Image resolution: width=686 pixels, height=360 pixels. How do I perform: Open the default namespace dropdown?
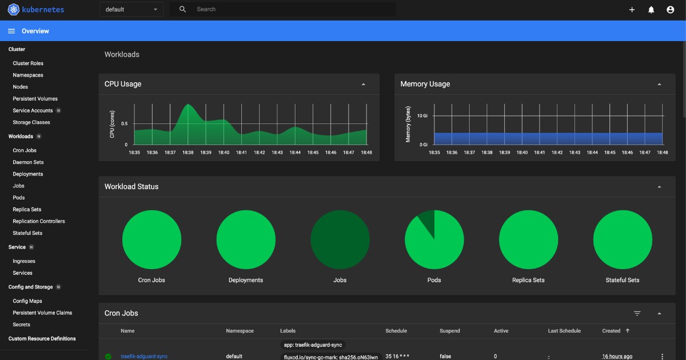pos(131,10)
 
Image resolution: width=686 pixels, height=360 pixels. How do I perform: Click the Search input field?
pos(286,10)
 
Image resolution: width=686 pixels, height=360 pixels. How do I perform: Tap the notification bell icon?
pos(651,10)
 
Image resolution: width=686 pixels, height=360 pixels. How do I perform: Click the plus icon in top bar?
pos(632,10)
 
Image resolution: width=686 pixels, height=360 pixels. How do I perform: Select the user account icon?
pos(671,10)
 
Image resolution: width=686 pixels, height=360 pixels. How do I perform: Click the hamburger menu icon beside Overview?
pos(11,31)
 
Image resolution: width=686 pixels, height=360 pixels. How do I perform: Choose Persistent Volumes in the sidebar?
pos(35,99)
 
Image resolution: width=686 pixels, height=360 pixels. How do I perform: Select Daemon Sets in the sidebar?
pos(28,162)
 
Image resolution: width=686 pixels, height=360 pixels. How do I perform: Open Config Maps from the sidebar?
pos(27,301)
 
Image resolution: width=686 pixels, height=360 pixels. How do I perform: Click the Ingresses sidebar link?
pos(24,261)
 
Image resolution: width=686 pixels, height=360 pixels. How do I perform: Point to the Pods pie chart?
pos(434,239)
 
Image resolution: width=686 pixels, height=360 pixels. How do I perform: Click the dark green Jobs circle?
pos(340,239)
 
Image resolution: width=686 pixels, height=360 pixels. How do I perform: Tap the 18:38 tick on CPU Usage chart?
pos(188,153)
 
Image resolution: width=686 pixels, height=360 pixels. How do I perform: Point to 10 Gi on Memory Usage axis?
pos(422,116)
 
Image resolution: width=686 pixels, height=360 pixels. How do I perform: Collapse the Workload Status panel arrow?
pos(659,187)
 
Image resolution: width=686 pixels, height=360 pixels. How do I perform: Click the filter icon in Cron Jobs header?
pos(637,313)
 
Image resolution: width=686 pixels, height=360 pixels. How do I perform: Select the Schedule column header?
pos(397,331)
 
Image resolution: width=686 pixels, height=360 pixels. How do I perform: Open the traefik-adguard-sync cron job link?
pos(144,357)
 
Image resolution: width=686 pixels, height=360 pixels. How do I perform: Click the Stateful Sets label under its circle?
pos(623,280)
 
